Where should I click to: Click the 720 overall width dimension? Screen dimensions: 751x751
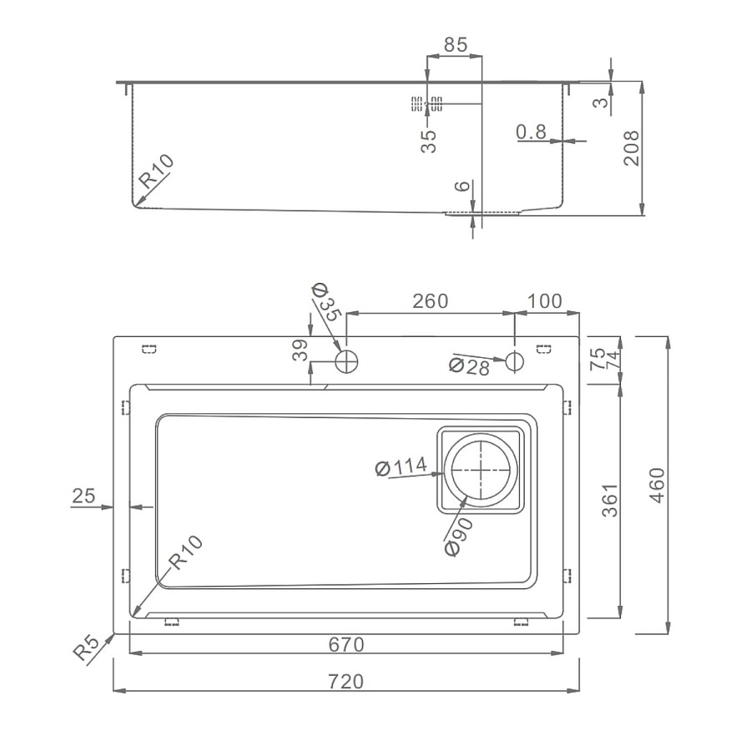(x=345, y=681)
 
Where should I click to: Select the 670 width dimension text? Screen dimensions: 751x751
(x=345, y=645)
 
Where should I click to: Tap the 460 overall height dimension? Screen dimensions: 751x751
(x=658, y=485)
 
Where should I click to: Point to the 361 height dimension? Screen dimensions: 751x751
(x=610, y=501)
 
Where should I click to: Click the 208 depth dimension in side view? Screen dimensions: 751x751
(x=632, y=148)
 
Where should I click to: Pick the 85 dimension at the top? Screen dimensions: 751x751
(x=455, y=44)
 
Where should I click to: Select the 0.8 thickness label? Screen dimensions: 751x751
(x=532, y=131)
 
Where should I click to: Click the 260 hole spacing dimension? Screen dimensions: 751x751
(x=430, y=300)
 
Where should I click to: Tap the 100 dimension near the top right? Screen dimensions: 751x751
(x=545, y=300)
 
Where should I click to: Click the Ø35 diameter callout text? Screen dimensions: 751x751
(x=326, y=302)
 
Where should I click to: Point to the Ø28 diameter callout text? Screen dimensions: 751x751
(x=469, y=366)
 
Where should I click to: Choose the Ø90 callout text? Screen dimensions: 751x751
(x=459, y=537)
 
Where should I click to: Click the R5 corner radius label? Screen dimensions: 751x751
(x=86, y=648)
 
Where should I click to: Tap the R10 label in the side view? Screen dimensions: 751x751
(x=156, y=171)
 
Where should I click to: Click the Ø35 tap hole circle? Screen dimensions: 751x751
(x=347, y=361)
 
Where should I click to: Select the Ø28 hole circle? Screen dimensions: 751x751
(x=514, y=361)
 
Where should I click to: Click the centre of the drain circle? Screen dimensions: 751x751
(x=481, y=471)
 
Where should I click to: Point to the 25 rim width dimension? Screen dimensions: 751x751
(x=83, y=496)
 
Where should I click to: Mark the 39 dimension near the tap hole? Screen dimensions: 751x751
(x=300, y=350)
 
